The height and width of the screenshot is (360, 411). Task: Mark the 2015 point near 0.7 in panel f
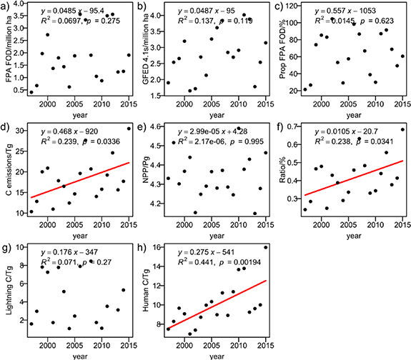[x=402, y=129]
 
